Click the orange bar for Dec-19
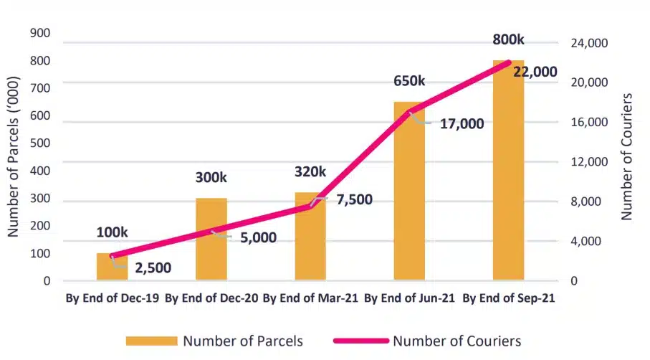[x=112, y=267]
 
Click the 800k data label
[x=508, y=40]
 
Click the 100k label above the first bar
[x=112, y=232]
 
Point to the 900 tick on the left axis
[x=41, y=33]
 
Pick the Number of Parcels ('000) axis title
[x=13, y=157]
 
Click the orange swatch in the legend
[x=151, y=341]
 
